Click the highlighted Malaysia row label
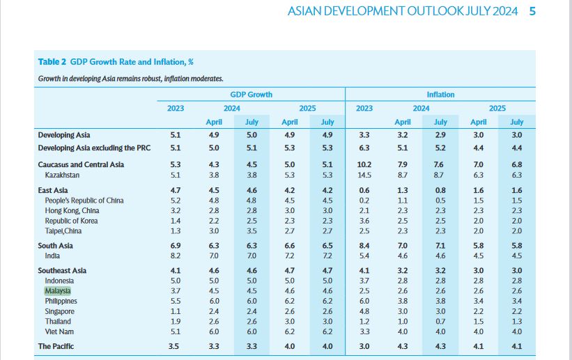(x=58, y=290)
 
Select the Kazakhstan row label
(x=62, y=175)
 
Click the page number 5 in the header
(x=532, y=10)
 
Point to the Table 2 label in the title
(x=52, y=61)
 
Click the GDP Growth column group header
(x=251, y=94)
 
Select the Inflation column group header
(x=440, y=94)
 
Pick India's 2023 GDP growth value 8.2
(x=176, y=256)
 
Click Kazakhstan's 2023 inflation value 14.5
(x=364, y=175)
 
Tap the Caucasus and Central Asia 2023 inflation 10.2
(x=364, y=164)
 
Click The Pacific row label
(x=55, y=346)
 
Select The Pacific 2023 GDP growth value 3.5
(x=176, y=346)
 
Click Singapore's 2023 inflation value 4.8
(x=364, y=311)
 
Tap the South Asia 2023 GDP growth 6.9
(x=176, y=246)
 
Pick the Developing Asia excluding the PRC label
(x=95, y=148)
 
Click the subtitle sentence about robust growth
(x=130, y=79)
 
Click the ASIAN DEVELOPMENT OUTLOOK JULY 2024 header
(x=403, y=11)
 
